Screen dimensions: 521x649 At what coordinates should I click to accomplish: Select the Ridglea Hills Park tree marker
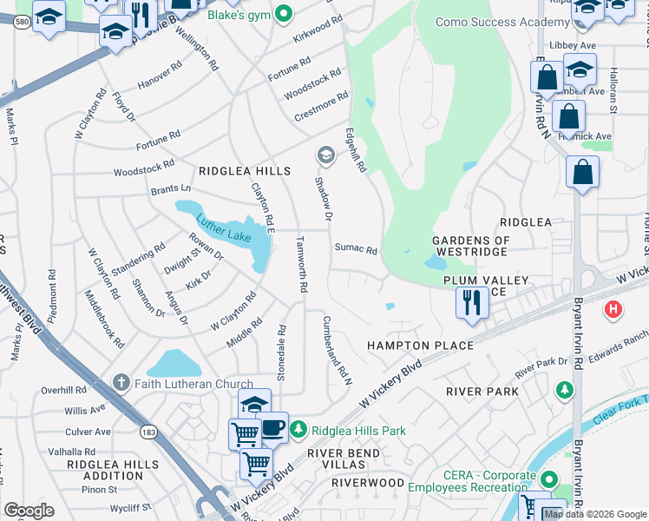pyautogui.click(x=298, y=430)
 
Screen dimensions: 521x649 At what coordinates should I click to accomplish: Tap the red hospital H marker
pyautogui.click(x=614, y=308)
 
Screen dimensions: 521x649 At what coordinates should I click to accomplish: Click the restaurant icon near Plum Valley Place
pyautogui.click(x=472, y=303)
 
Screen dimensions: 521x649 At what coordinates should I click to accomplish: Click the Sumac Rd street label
pyautogui.click(x=357, y=250)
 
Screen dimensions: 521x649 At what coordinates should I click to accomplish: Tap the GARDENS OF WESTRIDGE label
pyautogui.click(x=471, y=246)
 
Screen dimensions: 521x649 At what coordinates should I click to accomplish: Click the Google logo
pyautogui.click(x=29, y=511)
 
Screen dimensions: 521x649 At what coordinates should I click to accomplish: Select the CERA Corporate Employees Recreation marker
pyautogui.click(x=547, y=479)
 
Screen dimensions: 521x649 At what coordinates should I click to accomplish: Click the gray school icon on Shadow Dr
pyautogui.click(x=326, y=156)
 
